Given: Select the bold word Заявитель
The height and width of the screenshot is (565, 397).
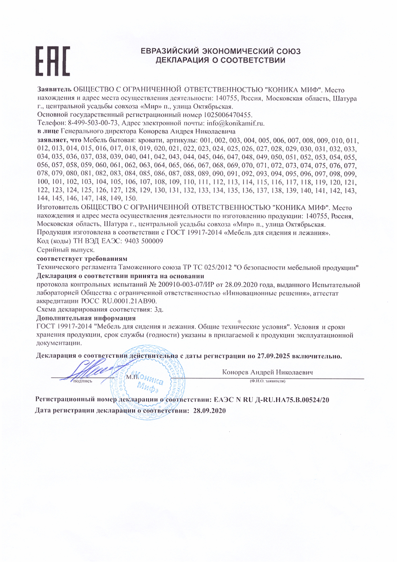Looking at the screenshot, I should coord(54,90).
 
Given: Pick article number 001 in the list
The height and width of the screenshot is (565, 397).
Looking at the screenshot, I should coord(206,140).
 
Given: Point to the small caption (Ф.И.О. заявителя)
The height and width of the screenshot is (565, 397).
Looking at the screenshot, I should coord(268,380).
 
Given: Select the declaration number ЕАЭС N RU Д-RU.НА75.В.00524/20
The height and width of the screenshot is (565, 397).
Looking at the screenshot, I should coord(272,399).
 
